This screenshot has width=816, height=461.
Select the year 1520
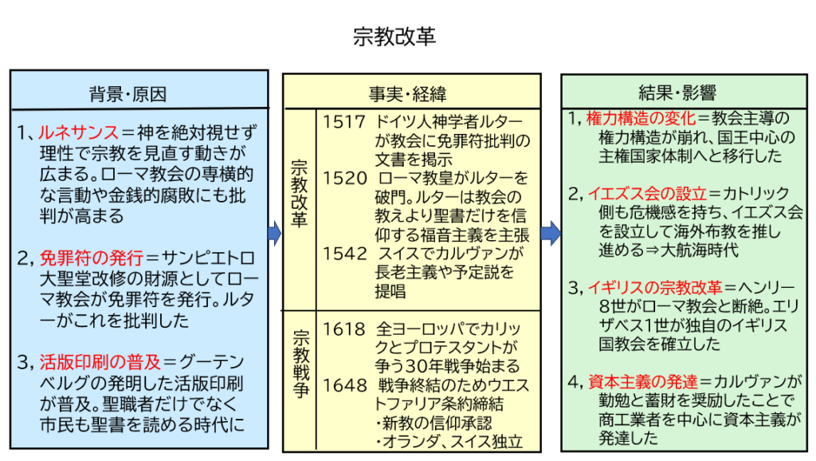[344, 178]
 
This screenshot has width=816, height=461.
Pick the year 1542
[344, 253]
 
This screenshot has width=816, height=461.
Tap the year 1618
[344, 328]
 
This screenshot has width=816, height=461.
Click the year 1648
[344, 384]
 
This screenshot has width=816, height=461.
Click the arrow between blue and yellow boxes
[275, 233]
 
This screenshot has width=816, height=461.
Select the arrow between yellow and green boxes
[551, 233]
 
